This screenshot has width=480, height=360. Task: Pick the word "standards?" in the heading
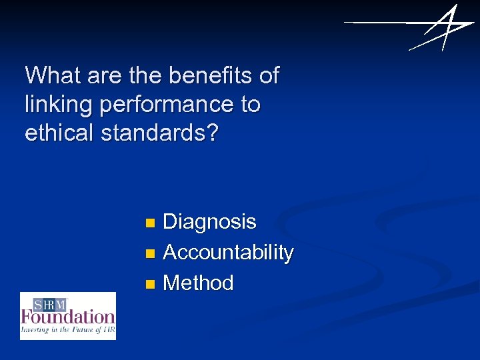(160, 133)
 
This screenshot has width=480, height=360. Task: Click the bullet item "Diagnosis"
(209, 221)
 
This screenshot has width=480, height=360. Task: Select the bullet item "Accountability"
(228, 253)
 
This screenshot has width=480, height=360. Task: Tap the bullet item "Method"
(198, 283)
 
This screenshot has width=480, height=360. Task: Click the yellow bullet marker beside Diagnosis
(151, 222)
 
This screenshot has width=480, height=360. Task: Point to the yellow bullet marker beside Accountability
(151, 253)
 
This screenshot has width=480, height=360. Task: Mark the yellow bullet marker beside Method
(151, 284)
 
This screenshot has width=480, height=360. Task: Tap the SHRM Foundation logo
(67, 316)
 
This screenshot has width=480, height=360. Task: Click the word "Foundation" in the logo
(68, 317)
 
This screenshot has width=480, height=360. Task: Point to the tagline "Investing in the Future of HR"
(67, 329)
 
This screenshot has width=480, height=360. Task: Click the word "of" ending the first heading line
(269, 75)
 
